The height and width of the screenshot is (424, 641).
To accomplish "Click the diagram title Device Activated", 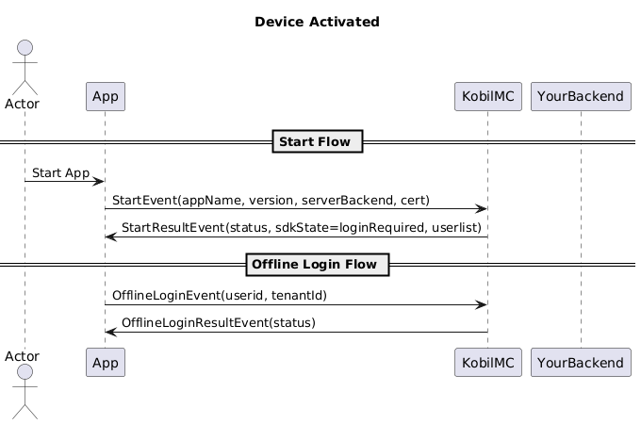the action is [x=317, y=22].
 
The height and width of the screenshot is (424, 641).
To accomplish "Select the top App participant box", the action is [x=106, y=96].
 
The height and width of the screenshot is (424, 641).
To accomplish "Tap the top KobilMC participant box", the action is [x=488, y=96].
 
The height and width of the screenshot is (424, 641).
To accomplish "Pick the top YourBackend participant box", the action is [x=581, y=96].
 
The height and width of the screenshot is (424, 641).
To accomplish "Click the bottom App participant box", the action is [x=106, y=363].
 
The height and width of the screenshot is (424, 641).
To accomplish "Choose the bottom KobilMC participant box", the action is [x=488, y=363].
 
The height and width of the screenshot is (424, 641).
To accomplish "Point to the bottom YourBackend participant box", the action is [x=581, y=363].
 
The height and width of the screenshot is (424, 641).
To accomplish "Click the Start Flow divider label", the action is [x=318, y=141].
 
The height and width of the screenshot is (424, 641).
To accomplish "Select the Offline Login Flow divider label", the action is [x=318, y=264].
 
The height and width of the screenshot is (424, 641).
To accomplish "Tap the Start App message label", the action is [x=60, y=173].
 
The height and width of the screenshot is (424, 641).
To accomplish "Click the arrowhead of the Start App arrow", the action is [x=100, y=181].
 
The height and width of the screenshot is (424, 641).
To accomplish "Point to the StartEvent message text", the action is [x=271, y=200].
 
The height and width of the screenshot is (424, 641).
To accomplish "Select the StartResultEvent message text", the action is [x=302, y=227].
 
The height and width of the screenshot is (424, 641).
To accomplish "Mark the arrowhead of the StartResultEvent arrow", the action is [x=110, y=236].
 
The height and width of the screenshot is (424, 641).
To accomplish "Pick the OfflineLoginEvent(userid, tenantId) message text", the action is [x=220, y=295].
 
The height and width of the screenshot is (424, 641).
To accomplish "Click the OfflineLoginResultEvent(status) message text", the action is [x=219, y=322].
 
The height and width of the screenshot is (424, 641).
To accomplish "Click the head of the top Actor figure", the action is [x=25, y=48].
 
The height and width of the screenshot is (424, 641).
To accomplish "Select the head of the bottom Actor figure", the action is [x=25, y=372].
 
